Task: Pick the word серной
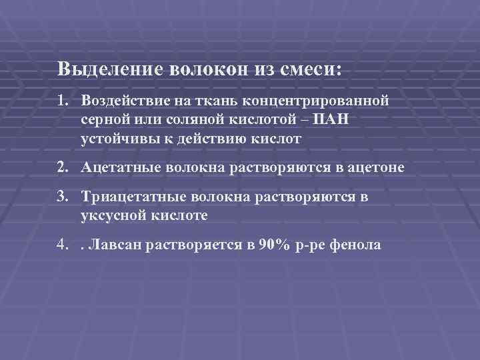[105, 120]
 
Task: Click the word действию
[213, 139]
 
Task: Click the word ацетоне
[376, 167]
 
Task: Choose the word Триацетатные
[129, 197]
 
